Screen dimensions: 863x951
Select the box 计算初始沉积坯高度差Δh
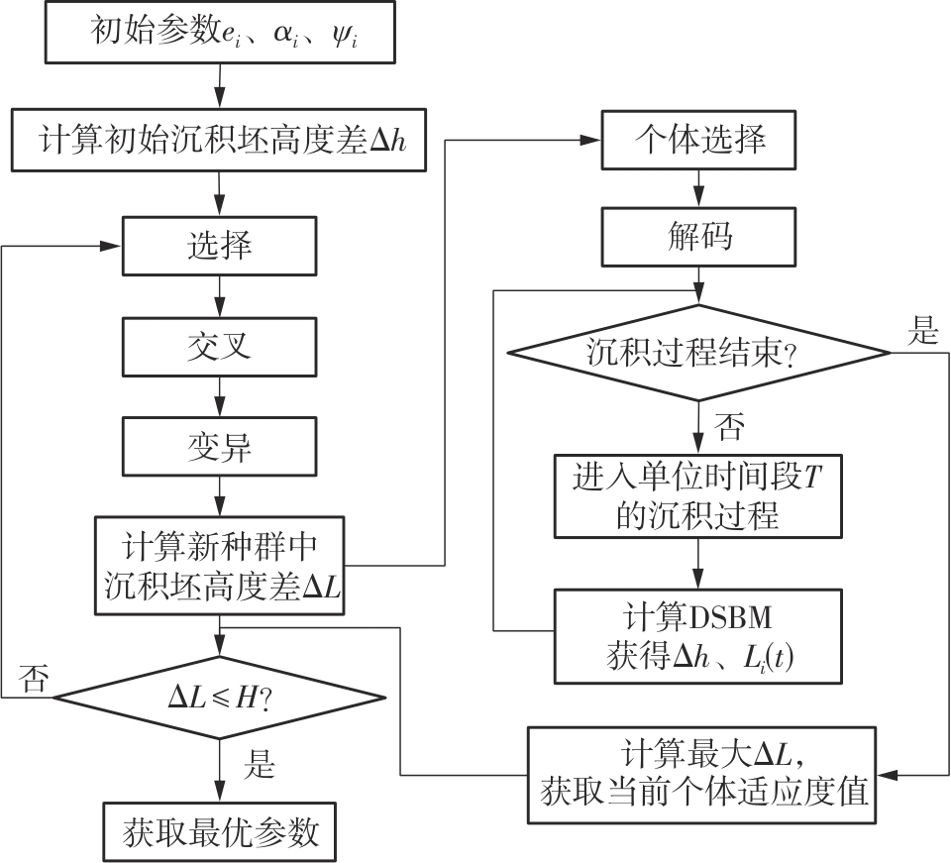pyautogui.click(x=219, y=142)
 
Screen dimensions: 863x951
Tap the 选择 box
pyautogui.click(x=219, y=245)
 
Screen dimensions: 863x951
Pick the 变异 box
pyautogui.click(x=219, y=447)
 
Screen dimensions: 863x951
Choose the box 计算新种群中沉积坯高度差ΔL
pyautogui.click(x=219, y=566)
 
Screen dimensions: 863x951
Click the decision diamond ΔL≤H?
pyautogui.click(x=219, y=699)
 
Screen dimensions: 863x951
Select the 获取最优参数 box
pyautogui.click(x=219, y=831)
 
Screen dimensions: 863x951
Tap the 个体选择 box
pyautogui.click(x=699, y=140)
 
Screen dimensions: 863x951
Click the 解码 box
pyautogui.click(x=699, y=237)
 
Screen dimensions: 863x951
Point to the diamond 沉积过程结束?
pyautogui.click(x=699, y=352)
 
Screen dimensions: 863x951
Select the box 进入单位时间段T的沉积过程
pyautogui.click(x=699, y=498)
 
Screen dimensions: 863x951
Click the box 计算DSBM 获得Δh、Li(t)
pyautogui.click(x=699, y=636)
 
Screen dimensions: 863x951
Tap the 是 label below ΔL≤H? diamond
pyautogui.click(x=260, y=766)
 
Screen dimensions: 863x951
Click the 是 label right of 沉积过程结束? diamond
pyautogui.click(x=921, y=332)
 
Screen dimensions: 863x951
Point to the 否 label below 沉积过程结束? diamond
pyautogui.click(x=729, y=427)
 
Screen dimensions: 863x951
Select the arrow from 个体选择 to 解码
pyautogui.click(x=699, y=189)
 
